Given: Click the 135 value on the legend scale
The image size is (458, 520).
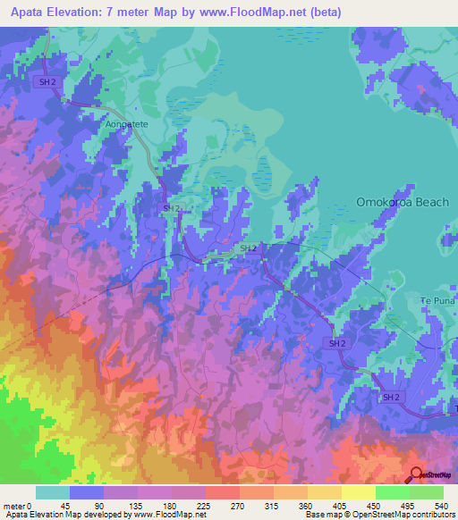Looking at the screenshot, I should (138, 505).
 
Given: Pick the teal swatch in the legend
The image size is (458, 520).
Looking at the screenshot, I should (53, 492).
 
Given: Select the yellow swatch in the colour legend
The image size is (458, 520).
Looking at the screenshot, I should (358, 492).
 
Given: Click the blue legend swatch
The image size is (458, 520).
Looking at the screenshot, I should (87, 492).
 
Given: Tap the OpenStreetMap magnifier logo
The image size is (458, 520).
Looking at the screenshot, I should (416, 475).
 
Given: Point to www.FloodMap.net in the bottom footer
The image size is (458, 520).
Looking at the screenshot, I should (169, 515).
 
